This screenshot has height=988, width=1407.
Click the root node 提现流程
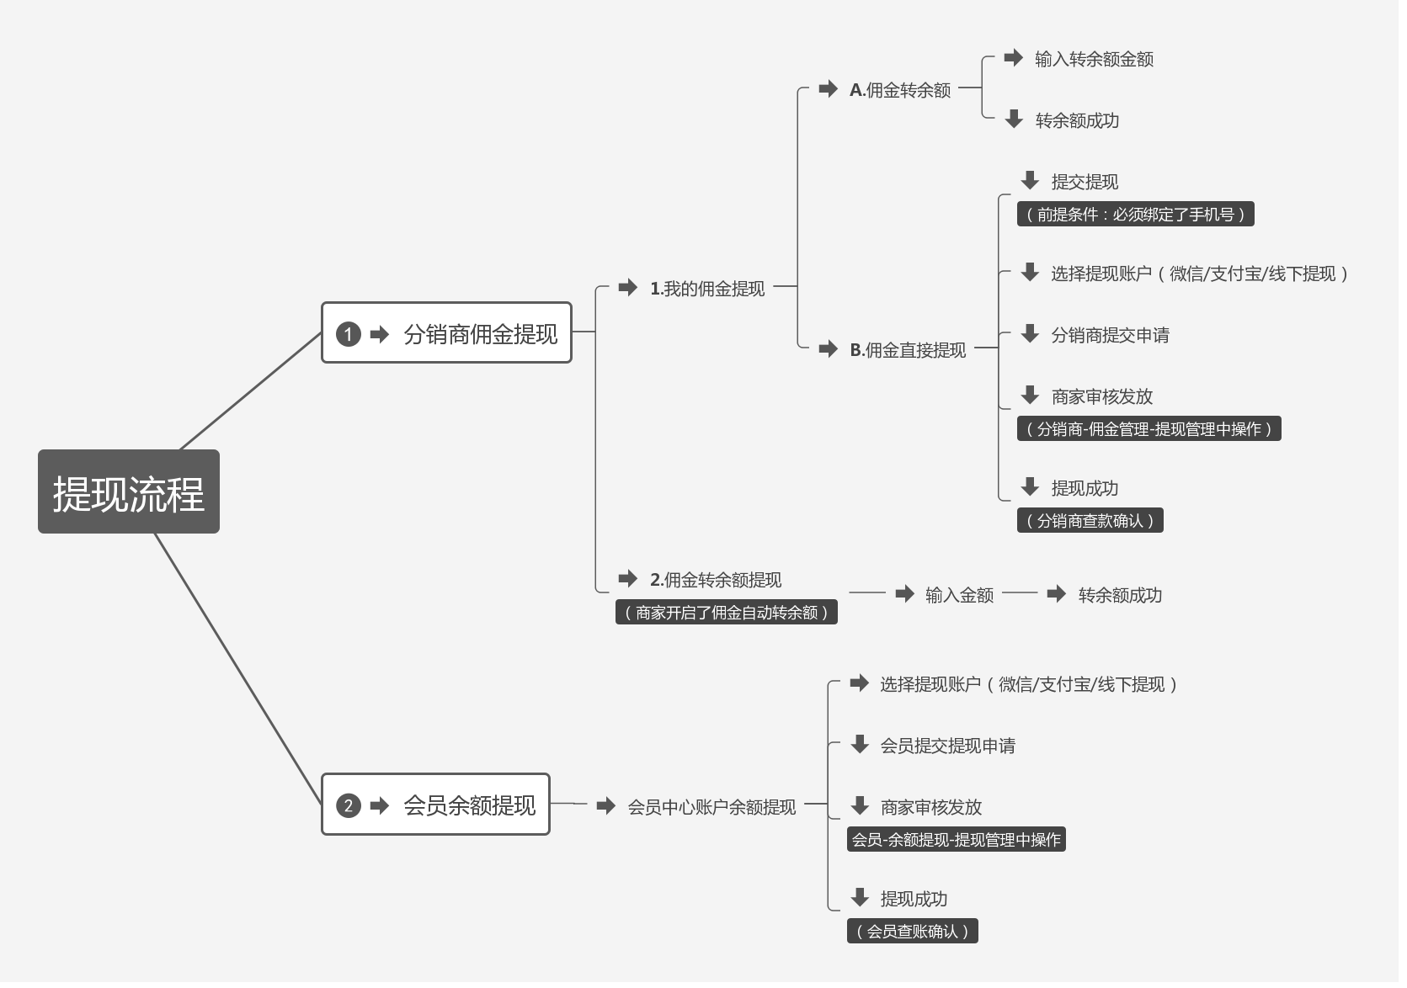tap(129, 492)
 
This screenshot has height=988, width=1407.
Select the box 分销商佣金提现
tap(446, 333)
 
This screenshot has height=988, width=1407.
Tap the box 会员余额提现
tap(435, 805)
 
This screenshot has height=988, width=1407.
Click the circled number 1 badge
tap(348, 334)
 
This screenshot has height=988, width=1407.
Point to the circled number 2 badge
tap(348, 805)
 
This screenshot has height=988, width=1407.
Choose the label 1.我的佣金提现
tap(707, 289)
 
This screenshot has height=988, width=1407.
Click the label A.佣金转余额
tap(899, 89)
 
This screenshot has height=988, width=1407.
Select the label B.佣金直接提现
tap(908, 349)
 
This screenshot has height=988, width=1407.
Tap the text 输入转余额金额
tap(1094, 59)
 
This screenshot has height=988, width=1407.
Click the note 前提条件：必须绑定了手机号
tap(1135, 214)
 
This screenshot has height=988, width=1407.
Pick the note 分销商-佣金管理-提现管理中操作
tap(1149, 428)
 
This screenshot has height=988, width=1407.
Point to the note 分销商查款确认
tap(1090, 520)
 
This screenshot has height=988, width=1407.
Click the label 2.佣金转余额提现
tap(716, 579)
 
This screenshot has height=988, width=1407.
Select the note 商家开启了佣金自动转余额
tap(726, 612)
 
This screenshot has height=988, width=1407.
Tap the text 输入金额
tap(959, 595)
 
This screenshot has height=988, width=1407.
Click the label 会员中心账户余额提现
tap(711, 806)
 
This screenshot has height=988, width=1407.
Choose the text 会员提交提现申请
tap(947, 745)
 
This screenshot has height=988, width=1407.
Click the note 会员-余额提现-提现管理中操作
tap(956, 839)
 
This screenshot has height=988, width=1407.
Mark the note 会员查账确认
tap(912, 931)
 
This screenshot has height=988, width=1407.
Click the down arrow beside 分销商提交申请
tap(1030, 333)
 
